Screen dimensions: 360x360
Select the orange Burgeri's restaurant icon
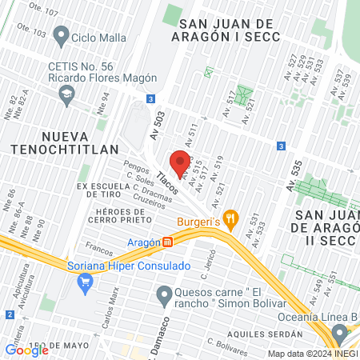[230, 216]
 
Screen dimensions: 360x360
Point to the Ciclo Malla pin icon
[60, 35]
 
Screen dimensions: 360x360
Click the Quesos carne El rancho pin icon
[164, 295]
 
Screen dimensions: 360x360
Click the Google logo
[26, 350]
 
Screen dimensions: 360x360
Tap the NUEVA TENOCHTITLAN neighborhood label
[65, 142]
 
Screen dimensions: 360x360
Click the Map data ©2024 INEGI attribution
[313, 354]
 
